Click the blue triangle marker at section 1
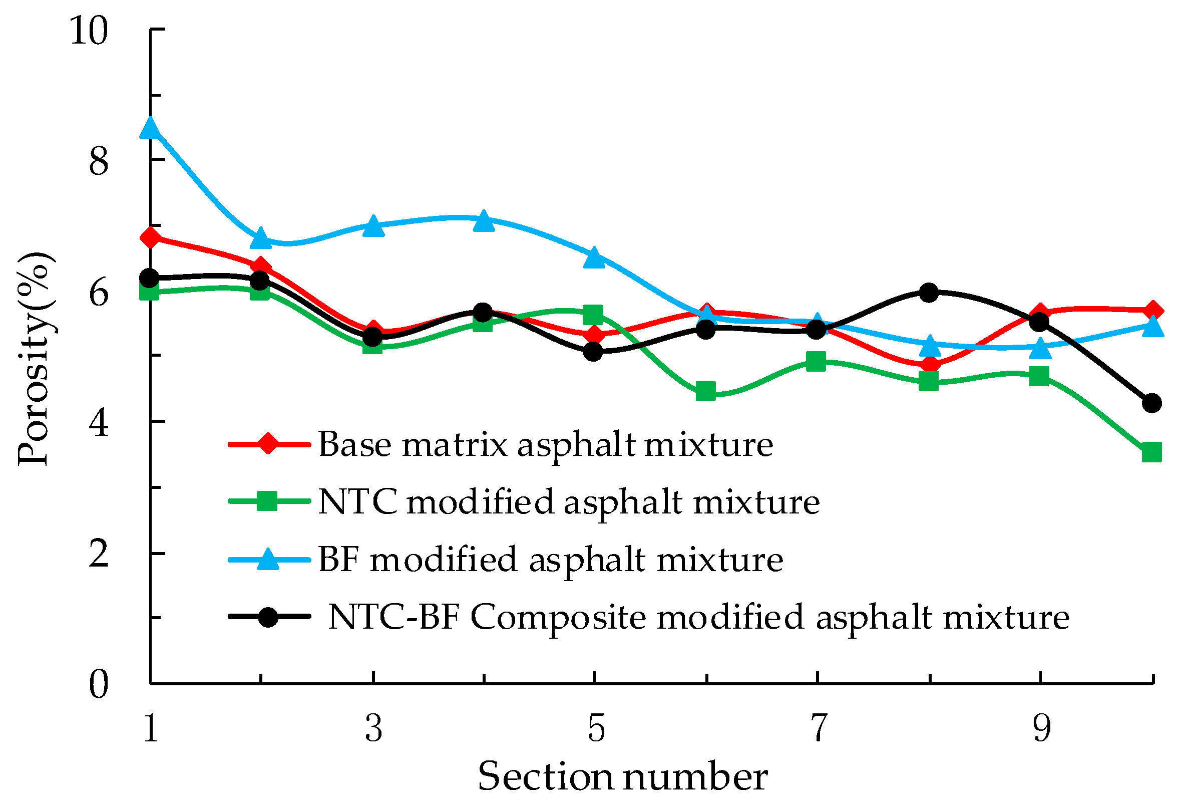(150, 128)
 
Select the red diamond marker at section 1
(150, 238)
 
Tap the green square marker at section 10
(1151, 452)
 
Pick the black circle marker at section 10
(1151, 403)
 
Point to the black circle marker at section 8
(929, 293)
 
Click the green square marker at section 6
(706, 391)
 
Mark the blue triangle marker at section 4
(484, 221)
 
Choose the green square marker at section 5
(593, 314)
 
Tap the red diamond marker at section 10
(1151, 311)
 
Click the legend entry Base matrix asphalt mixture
(545, 444)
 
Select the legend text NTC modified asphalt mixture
(569, 501)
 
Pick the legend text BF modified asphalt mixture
(551, 559)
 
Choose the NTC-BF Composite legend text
(698, 617)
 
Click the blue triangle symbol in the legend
(268, 559)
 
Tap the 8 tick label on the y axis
(99, 162)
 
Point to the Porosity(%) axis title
(35, 358)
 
